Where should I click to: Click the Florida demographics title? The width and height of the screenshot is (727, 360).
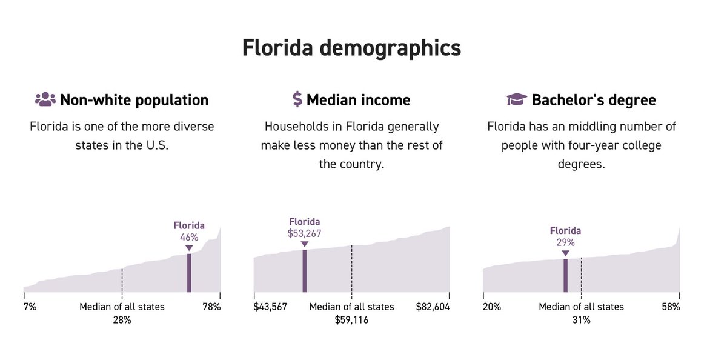click(x=351, y=48)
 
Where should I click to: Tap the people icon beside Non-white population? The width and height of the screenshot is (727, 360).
click(x=45, y=99)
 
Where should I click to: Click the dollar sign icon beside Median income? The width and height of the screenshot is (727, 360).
click(x=297, y=99)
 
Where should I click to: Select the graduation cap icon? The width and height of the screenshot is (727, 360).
click(x=516, y=99)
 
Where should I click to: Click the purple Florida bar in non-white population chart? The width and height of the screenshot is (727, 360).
click(x=189, y=273)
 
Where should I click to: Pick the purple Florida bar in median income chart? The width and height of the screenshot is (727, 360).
click(x=304, y=271)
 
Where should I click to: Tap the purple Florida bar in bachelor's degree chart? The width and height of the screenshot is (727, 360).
click(x=565, y=276)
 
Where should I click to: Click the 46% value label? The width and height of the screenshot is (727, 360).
click(x=189, y=237)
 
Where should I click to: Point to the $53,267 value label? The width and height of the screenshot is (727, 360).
click(x=304, y=233)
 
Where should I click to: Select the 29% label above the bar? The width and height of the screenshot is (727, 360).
click(x=565, y=242)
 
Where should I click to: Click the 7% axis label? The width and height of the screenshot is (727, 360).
click(x=30, y=307)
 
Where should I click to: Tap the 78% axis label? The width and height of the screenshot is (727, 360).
click(x=211, y=307)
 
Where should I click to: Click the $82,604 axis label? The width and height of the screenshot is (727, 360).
click(x=433, y=307)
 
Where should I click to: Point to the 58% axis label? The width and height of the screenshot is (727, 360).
click(x=671, y=307)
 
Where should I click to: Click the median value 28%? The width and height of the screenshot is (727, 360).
click(x=122, y=319)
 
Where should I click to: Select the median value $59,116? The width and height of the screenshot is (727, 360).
click(x=351, y=319)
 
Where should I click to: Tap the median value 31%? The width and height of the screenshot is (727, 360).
click(x=581, y=319)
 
